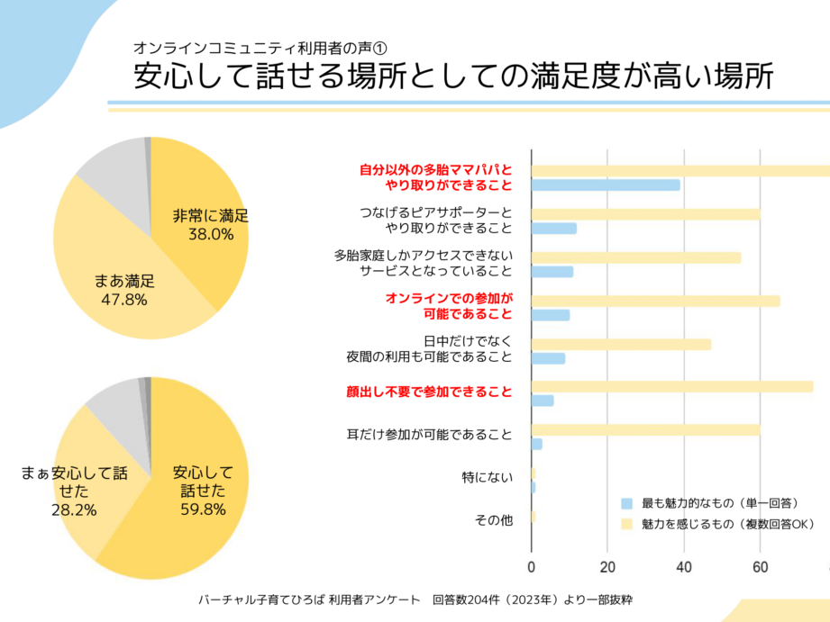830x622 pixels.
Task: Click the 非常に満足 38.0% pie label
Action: click(210, 225)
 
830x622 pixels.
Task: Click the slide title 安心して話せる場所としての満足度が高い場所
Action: click(453, 77)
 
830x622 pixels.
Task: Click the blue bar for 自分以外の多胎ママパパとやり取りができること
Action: click(606, 185)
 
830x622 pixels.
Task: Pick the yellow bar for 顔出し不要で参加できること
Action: click(672, 386)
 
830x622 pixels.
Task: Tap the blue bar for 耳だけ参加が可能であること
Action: click(537, 444)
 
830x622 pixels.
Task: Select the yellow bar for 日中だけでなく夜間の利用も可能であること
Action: click(621, 344)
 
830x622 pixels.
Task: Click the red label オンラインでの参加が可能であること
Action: click(449, 306)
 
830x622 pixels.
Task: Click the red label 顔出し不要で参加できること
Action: click(429, 392)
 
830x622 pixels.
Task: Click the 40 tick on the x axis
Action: click(684, 567)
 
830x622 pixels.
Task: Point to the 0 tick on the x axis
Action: click(532, 567)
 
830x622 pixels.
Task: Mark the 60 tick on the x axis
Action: click(761, 567)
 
